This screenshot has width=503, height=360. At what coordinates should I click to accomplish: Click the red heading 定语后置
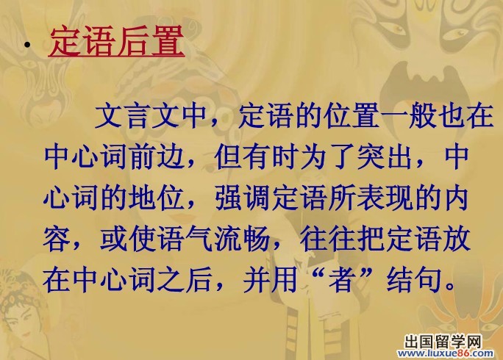[x=117, y=42]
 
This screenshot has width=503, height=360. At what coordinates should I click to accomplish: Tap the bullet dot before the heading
[x=28, y=46]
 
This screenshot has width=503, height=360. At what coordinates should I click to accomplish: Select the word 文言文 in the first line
[x=138, y=115]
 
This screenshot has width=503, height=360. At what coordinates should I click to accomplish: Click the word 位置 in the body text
[x=352, y=115]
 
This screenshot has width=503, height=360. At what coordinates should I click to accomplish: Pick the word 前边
[x=157, y=157]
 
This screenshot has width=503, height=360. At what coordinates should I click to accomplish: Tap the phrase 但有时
[x=257, y=157]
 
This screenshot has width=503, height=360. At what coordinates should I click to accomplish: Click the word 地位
[x=157, y=198]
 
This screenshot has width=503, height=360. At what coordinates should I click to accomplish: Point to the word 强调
[x=243, y=198]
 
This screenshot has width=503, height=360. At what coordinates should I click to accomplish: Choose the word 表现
[x=385, y=198]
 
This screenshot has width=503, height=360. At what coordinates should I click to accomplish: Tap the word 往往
[x=328, y=240]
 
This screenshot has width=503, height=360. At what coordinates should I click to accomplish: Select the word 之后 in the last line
[x=185, y=280]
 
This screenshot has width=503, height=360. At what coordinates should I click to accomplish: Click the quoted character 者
[x=342, y=280]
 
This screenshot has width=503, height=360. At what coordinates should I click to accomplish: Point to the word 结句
[x=414, y=280]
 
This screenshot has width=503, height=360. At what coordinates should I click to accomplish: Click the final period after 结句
[x=450, y=287]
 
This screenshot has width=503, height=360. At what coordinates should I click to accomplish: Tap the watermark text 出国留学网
[x=443, y=342]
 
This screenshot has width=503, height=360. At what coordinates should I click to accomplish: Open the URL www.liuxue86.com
[x=445, y=354]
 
